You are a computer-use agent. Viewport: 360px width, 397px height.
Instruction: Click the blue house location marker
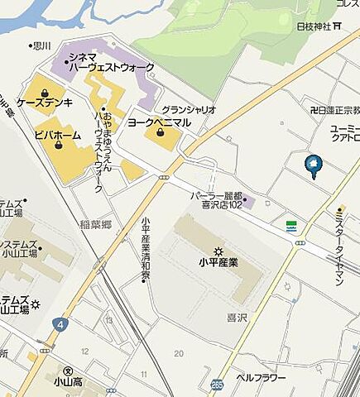tap(314, 165)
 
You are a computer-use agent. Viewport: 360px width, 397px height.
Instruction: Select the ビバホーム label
tap(58, 134)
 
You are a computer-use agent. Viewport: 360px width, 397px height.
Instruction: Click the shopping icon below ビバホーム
tap(59, 146)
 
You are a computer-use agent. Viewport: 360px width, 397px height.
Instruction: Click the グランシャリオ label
tap(189, 109)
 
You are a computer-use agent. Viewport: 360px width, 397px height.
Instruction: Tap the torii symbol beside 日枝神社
tap(338, 26)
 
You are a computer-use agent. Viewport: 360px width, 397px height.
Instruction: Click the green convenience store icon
tap(291, 224)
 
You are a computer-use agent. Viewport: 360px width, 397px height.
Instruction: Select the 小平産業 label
tap(218, 264)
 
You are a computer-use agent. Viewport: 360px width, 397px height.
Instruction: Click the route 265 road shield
tap(217, 384)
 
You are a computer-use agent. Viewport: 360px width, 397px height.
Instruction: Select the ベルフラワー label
tap(261, 377)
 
